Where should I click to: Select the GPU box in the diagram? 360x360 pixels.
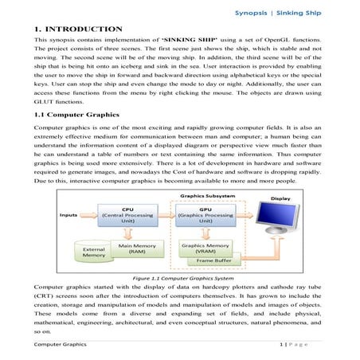(203, 216)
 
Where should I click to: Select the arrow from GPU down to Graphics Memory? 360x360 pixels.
(203, 233)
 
